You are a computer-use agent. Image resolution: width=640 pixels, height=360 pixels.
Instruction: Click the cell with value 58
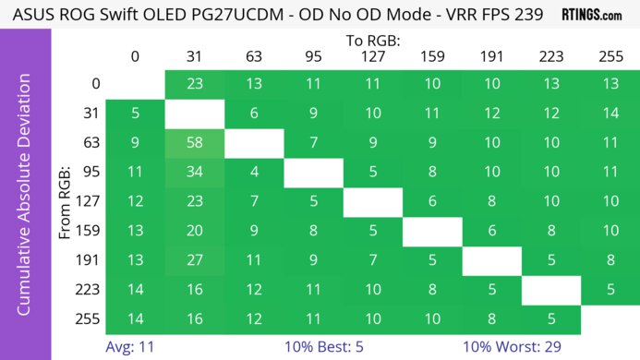tap(194, 143)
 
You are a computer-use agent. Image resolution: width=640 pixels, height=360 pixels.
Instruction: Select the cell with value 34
tap(194, 172)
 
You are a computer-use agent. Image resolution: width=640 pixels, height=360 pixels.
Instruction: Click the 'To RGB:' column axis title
tap(373, 40)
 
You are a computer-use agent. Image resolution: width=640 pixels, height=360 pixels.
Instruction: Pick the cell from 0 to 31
tap(194, 84)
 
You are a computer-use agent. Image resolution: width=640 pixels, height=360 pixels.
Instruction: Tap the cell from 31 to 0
tap(135, 114)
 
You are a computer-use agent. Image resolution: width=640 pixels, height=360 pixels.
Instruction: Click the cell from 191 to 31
tap(194, 260)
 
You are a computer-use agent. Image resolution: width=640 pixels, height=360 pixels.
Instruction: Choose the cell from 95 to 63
tap(253, 172)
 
